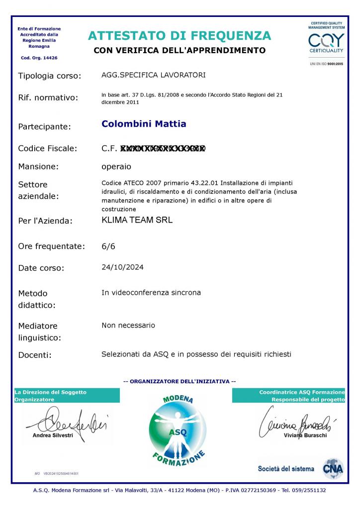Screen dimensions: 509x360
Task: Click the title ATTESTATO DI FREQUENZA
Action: (180, 36)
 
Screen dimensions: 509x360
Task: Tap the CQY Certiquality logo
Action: (326, 41)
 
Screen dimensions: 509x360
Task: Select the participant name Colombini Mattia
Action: (144, 124)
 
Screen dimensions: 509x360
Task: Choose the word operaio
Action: (116, 166)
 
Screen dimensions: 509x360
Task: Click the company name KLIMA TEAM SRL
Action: (137, 220)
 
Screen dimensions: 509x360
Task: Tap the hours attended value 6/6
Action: (108, 246)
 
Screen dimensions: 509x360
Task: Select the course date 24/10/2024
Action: (122, 267)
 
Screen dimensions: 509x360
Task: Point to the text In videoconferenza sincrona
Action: (151, 292)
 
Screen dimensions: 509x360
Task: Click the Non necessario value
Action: (128, 325)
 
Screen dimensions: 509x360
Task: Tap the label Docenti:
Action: (35, 355)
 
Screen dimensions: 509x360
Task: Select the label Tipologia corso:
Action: (49, 76)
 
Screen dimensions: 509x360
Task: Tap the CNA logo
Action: (333, 468)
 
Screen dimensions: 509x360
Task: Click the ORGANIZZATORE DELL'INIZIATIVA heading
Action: (180, 381)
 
